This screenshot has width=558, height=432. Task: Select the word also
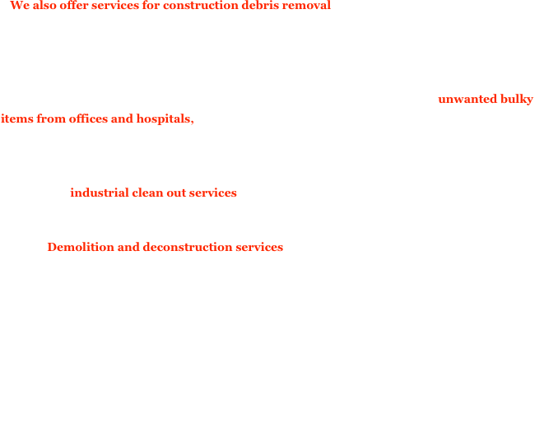point(44,5)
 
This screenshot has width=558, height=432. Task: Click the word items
point(17,118)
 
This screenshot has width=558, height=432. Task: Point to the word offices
point(88,118)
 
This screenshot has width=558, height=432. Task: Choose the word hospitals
point(165,118)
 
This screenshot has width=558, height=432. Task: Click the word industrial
point(100,193)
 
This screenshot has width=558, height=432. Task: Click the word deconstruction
point(188,248)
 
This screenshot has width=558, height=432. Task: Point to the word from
point(51,118)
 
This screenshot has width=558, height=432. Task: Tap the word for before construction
point(151,5)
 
